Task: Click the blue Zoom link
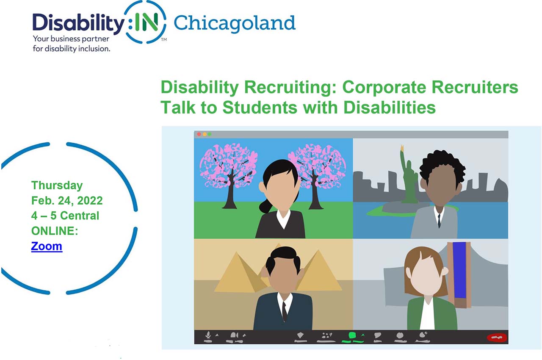47,246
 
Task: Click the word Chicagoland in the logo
234,23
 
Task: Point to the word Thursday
57,185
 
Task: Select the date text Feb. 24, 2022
67,200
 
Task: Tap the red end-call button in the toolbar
496,338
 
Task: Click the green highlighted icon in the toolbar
351,336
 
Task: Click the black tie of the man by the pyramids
284,311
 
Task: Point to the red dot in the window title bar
199,134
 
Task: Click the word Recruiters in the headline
476,87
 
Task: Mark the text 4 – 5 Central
65,216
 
